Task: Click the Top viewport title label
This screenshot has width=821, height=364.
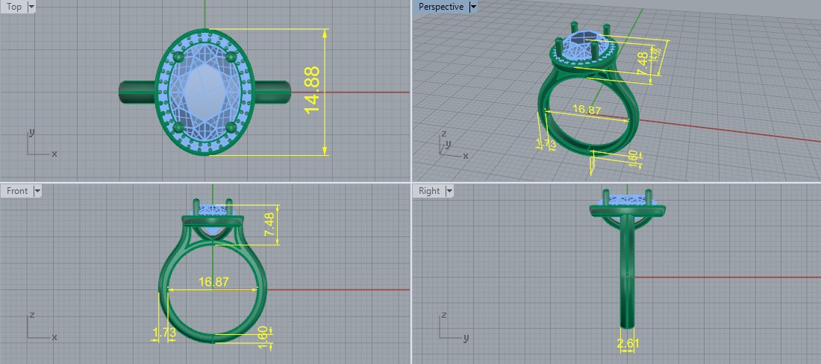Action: (14, 7)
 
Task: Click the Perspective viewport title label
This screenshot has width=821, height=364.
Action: (440, 7)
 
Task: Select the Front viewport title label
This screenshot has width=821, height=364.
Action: (17, 191)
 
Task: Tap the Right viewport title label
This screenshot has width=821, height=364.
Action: (429, 191)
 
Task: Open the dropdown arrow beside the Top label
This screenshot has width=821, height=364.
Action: (31, 7)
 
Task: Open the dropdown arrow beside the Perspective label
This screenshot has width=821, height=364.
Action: (473, 7)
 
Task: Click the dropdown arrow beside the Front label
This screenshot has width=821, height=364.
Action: (37, 191)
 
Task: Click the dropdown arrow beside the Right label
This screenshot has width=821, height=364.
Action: (449, 191)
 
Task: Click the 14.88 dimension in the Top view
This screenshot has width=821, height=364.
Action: (313, 91)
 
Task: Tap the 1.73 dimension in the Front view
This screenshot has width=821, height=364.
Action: (163, 332)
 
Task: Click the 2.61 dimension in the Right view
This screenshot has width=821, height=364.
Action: (628, 343)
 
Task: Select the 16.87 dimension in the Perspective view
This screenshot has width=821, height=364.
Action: (587, 110)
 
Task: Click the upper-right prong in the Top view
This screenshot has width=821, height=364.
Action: (231, 57)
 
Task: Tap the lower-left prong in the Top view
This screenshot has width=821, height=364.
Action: (178, 129)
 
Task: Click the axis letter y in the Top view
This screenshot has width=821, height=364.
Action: (30, 132)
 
